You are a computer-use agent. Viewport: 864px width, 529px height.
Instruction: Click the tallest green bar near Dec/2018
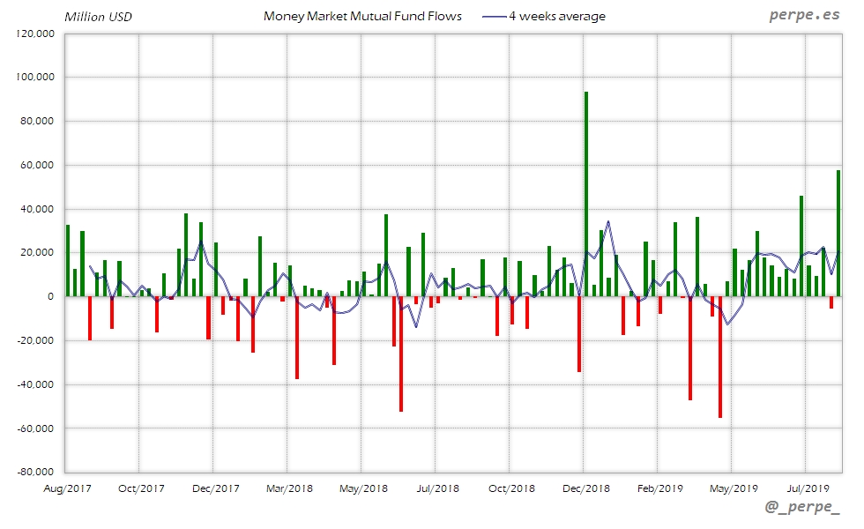tap(586, 194)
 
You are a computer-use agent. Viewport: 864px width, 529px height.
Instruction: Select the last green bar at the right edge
tap(838, 233)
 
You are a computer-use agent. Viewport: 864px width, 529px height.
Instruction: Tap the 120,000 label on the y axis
tap(36, 34)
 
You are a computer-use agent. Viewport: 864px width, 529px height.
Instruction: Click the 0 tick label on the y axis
tap(52, 296)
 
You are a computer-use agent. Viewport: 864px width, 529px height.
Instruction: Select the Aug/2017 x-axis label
tap(67, 488)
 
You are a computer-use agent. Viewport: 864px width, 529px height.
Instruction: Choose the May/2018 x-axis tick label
tap(363, 488)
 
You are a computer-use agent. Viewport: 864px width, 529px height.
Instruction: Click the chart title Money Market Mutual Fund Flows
tap(362, 16)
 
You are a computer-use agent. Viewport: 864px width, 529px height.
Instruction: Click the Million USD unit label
tap(99, 16)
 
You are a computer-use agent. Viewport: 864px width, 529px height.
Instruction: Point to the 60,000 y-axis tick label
tap(36, 165)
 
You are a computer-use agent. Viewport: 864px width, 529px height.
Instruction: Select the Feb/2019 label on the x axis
tap(660, 488)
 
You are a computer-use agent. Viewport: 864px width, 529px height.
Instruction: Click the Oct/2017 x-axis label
tap(141, 488)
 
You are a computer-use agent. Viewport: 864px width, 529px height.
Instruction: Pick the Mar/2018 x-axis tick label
tap(289, 488)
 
